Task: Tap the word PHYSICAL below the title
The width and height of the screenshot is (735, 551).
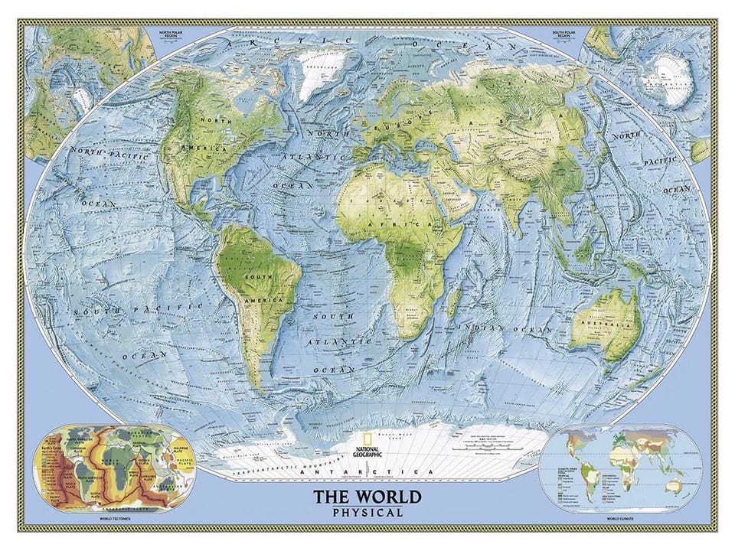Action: click(x=367, y=513)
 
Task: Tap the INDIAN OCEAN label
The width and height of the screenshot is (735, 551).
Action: click(x=505, y=328)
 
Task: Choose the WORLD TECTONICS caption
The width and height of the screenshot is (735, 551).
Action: click(x=109, y=520)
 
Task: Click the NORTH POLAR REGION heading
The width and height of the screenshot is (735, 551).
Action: click(x=175, y=34)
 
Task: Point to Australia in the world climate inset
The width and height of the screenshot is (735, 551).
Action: click(x=674, y=484)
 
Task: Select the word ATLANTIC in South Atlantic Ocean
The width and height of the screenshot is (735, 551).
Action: click(x=332, y=342)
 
